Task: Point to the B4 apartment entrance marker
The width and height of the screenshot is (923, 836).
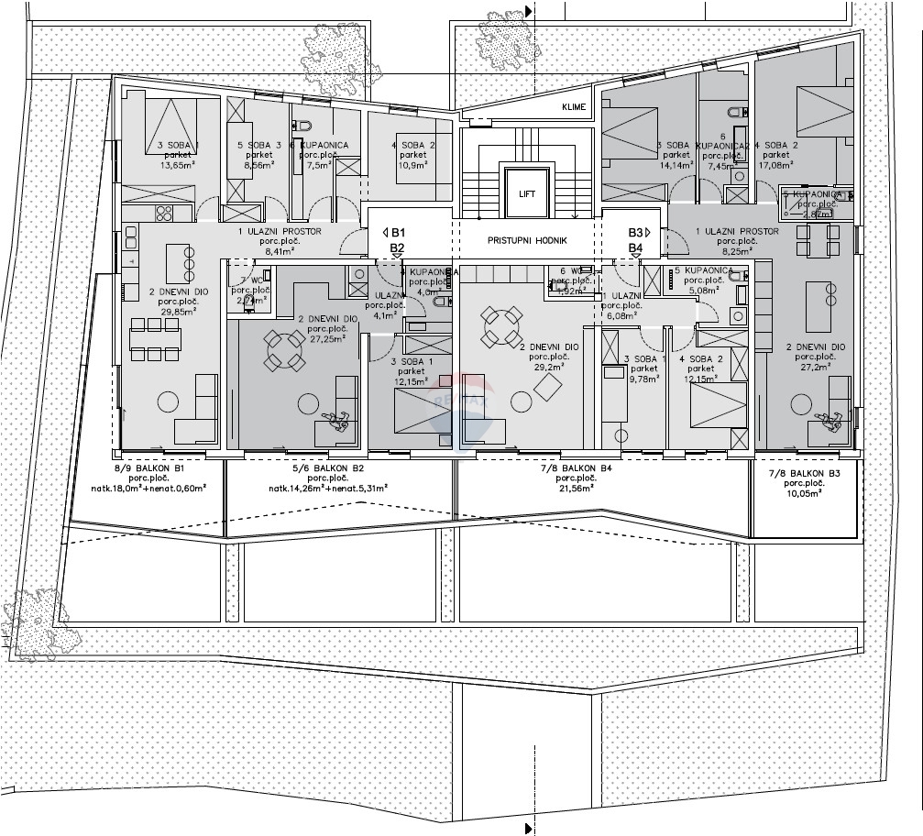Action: [636, 247]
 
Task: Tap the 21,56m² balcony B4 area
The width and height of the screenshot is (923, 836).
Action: [575, 488]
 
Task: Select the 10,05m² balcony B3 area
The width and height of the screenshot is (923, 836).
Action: [802, 492]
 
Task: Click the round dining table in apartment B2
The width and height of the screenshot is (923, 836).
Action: [284, 349]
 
